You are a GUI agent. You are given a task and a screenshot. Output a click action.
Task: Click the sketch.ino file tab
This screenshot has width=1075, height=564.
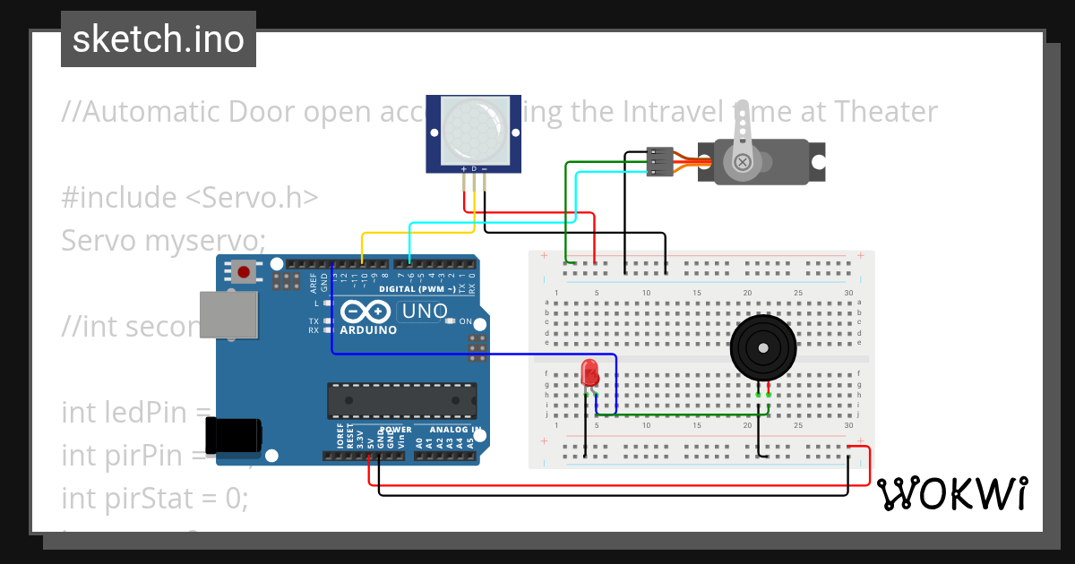coord(159,39)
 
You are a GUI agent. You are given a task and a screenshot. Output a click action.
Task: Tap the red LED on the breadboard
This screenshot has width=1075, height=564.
coord(589,372)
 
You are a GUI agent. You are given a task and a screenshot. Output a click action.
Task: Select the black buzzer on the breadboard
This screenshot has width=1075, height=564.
coord(762,347)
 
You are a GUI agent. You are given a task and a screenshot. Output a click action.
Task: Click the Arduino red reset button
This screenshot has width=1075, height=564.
coord(242,271)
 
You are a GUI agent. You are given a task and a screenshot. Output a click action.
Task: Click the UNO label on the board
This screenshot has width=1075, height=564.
coord(425,312)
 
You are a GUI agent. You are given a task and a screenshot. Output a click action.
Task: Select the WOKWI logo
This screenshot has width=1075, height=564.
coord(951,493)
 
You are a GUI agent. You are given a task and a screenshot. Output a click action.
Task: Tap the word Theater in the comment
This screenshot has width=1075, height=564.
coord(886,112)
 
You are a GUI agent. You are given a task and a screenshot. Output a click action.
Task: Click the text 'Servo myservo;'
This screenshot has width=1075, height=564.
coord(164,240)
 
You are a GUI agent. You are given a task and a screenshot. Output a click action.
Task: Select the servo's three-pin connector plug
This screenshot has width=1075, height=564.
coord(659,161)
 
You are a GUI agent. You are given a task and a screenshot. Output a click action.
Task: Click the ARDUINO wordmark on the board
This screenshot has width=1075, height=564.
coord(369,330)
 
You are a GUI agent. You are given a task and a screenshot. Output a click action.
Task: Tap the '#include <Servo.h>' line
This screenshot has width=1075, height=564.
coord(190,197)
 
